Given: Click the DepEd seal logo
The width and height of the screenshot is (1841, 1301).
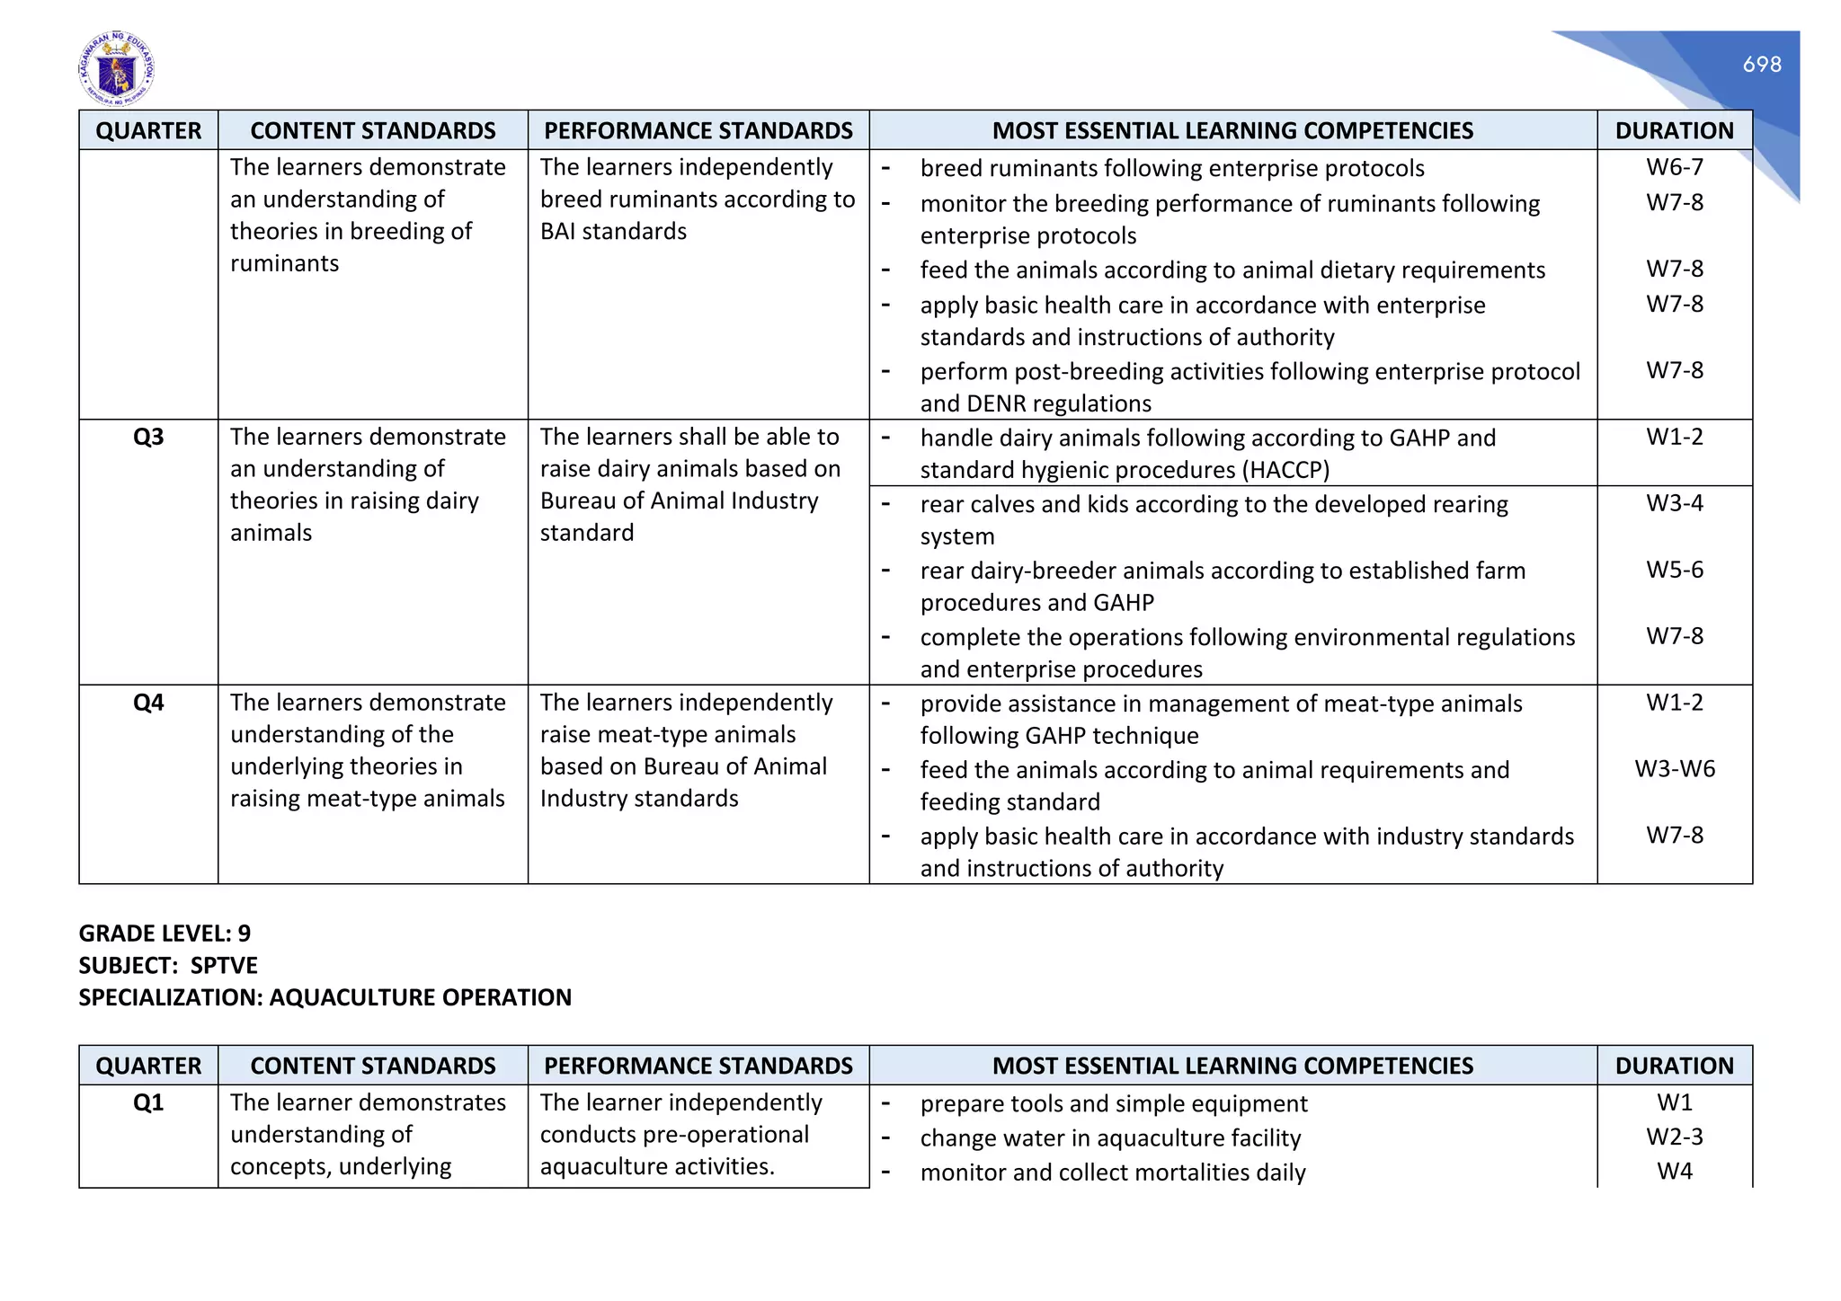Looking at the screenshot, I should click(x=116, y=68).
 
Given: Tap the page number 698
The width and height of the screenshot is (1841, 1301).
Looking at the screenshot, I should click(x=1761, y=65).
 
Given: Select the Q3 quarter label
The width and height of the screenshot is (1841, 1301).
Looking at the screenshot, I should click(x=148, y=438).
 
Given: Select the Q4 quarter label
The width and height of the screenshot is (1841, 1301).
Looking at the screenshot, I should click(x=148, y=703).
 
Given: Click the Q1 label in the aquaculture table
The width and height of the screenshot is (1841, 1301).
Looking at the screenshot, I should click(x=148, y=1102).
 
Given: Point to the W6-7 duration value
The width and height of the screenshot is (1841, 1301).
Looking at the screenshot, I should click(x=1674, y=167).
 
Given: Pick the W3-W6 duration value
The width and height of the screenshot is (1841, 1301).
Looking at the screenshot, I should click(x=1674, y=769).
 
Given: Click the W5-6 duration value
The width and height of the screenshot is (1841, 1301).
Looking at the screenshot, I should click(x=1674, y=570).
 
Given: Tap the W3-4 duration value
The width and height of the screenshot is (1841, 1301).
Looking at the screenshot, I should click(x=1674, y=503).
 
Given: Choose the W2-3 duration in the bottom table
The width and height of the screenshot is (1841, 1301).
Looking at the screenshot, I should click(x=1674, y=1137).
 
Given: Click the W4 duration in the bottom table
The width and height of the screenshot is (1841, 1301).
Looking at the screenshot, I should click(x=1674, y=1172).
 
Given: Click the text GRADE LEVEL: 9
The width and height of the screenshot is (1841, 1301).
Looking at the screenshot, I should click(x=165, y=934).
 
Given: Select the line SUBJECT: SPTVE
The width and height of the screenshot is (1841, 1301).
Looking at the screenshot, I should click(x=168, y=966).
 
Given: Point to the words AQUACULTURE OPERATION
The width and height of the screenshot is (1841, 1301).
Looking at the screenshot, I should click(x=420, y=998).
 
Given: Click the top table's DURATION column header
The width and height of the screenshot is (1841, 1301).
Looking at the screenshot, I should click(x=1674, y=131).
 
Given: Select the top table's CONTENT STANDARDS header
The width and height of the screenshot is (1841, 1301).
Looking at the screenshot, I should click(x=372, y=131).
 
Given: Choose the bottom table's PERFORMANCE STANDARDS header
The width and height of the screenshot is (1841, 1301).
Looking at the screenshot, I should click(x=698, y=1066).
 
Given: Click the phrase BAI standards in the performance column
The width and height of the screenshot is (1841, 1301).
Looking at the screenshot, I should click(x=613, y=232).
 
